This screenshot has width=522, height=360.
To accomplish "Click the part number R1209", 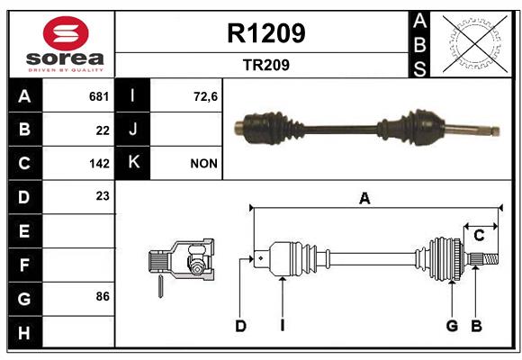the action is [x=266, y=33].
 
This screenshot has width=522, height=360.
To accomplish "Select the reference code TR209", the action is [x=266, y=65].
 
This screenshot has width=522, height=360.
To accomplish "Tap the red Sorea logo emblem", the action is [x=66, y=33].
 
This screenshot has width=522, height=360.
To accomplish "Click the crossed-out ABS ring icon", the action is [x=475, y=44].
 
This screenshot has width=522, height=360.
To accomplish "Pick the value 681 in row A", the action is [x=99, y=96].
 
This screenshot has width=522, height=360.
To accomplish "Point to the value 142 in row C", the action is [x=99, y=164].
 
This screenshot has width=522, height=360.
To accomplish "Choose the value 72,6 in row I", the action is [x=205, y=96].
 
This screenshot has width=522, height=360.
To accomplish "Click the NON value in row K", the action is [x=203, y=164].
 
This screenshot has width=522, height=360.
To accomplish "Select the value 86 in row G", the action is [x=103, y=296].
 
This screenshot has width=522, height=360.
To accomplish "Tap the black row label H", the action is [x=25, y=332].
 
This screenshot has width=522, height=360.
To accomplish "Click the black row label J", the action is [x=132, y=130].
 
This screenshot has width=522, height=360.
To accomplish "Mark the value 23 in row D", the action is [x=103, y=196].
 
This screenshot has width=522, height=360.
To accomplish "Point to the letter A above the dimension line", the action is [x=364, y=199].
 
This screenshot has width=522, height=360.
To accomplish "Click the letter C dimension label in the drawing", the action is [x=479, y=236].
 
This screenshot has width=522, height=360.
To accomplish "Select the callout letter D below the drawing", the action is [x=240, y=326].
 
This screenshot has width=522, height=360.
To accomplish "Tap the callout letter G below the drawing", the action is [x=452, y=326].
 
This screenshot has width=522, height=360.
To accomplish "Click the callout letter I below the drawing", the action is [x=283, y=326].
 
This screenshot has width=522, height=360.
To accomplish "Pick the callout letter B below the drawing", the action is [x=476, y=326].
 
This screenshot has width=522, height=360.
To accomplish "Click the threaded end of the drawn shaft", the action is [x=490, y=259].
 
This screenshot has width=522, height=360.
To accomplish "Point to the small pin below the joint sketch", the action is [x=160, y=285].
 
